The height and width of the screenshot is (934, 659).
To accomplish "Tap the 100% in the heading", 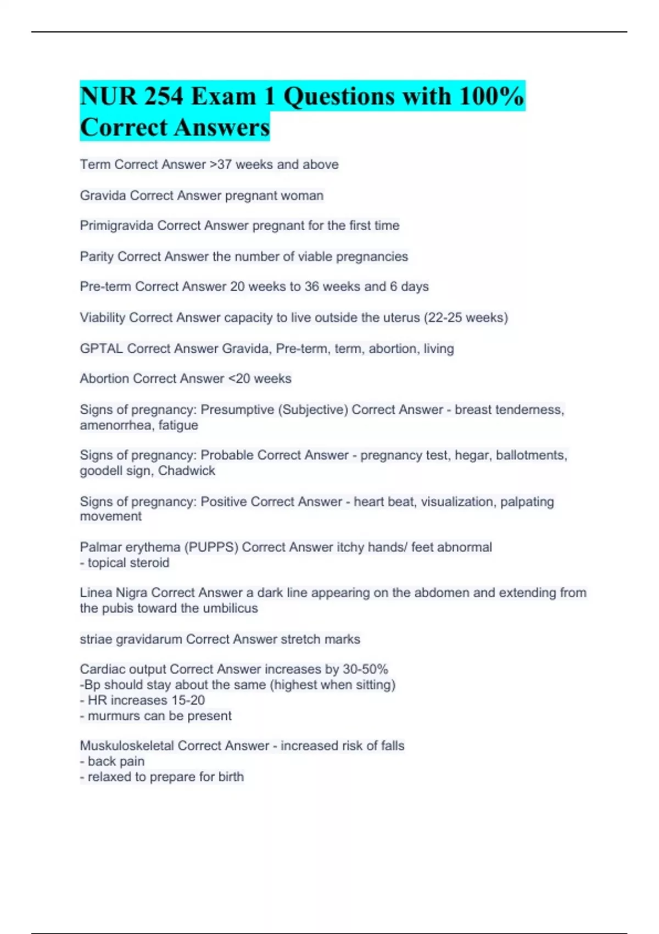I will [492, 97].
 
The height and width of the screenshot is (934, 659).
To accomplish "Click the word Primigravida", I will [116, 226].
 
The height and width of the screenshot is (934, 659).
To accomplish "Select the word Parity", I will [97, 257].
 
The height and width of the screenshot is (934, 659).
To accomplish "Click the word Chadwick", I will [187, 471].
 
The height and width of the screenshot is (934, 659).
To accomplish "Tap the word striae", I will [96, 640].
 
